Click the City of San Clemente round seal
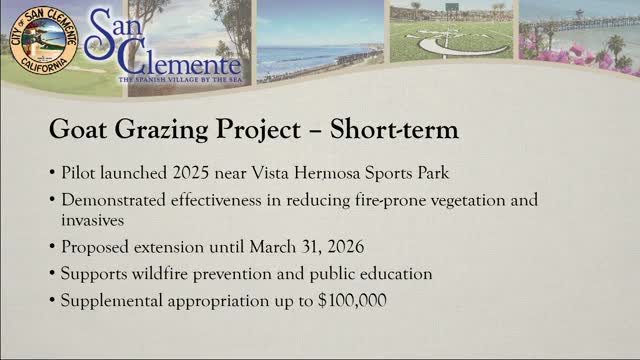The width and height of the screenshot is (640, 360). pos(44,40)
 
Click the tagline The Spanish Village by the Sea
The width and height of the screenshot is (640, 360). pos(181,80)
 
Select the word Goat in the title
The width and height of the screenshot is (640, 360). pos(78,129)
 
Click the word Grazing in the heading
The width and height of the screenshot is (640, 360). pos(161,130)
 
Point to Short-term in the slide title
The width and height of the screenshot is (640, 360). pos(394,129)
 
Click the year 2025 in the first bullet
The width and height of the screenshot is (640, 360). pos(191,173)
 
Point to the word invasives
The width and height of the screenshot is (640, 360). pos(93,220)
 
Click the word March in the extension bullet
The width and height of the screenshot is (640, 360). pos(272,247)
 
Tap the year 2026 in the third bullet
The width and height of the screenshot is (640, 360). pos(346,247)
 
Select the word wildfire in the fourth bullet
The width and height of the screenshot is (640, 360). pos(160,273)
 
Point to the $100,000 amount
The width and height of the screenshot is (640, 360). pos(352,301)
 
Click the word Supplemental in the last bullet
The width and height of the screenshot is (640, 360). pos(112,301)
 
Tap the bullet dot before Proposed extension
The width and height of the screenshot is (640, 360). pos(52,247)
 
